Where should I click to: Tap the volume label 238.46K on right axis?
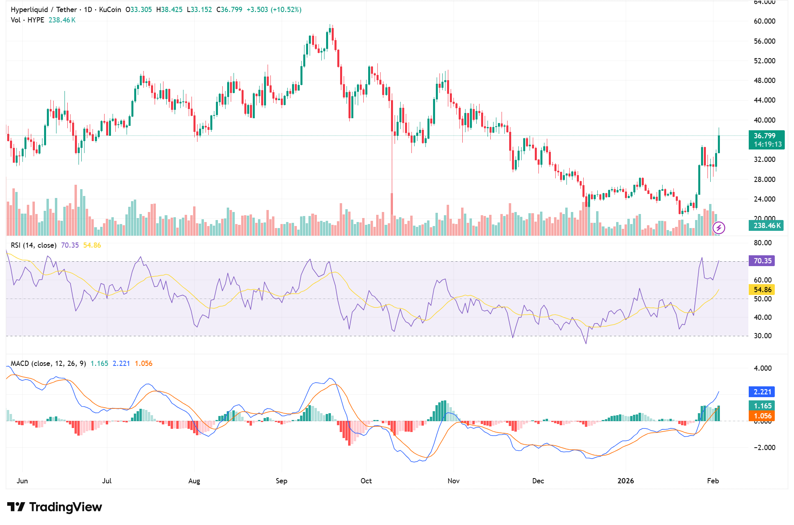(x=767, y=226)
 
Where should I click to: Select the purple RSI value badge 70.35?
(x=762, y=261)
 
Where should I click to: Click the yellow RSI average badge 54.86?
(x=762, y=290)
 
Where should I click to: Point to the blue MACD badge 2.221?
(x=762, y=392)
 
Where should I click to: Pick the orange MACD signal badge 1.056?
(x=762, y=416)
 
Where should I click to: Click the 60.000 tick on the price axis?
(x=764, y=21)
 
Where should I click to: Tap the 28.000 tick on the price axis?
(x=764, y=179)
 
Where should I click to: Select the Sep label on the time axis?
(x=281, y=481)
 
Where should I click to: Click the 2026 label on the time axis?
(x=625, y=481)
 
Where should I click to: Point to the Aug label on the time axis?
(x=194, y=481)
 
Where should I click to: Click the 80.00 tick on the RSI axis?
(x=762, y=243)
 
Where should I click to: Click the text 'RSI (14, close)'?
(x=34, y=245)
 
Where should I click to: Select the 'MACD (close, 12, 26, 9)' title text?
(x=48, y=363)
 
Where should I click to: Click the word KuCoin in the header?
(x=110, y=10)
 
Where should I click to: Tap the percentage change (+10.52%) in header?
(x=286, y=10)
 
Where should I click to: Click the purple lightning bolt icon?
(x=719, y=228)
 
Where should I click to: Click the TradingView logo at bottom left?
(x=54, y=507)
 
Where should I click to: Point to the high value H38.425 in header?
(x=169, y=10)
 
